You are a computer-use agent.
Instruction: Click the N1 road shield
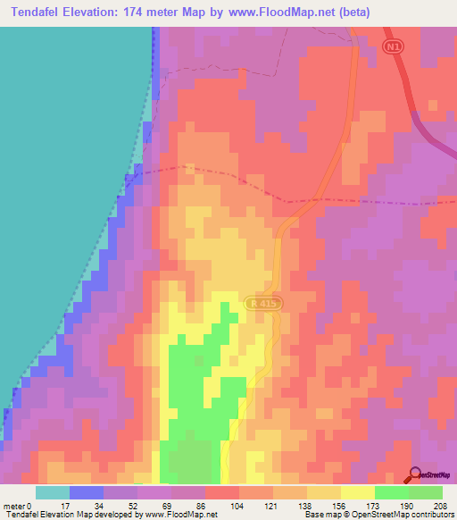[x=395, y=46]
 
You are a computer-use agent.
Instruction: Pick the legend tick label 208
[x=443, y=505]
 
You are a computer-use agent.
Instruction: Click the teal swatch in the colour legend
[x=53, y=492]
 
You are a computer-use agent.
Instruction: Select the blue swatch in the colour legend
[x=87, y=492]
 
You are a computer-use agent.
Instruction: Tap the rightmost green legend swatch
[x=426, y=492]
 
